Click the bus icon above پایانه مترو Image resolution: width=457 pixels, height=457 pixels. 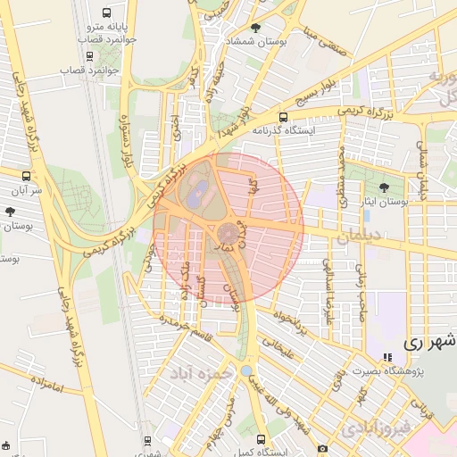(x=107, y=14)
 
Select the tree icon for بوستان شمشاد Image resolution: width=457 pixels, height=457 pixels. (x=257, y=29)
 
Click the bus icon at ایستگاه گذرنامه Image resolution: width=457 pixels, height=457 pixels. (x=284, y=117)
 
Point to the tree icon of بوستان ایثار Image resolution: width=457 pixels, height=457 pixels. (x=385, y=187)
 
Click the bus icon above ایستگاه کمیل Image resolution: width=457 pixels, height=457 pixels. (x=262, y=439)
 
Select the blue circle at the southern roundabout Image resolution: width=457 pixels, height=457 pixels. (x=246, y=370)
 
